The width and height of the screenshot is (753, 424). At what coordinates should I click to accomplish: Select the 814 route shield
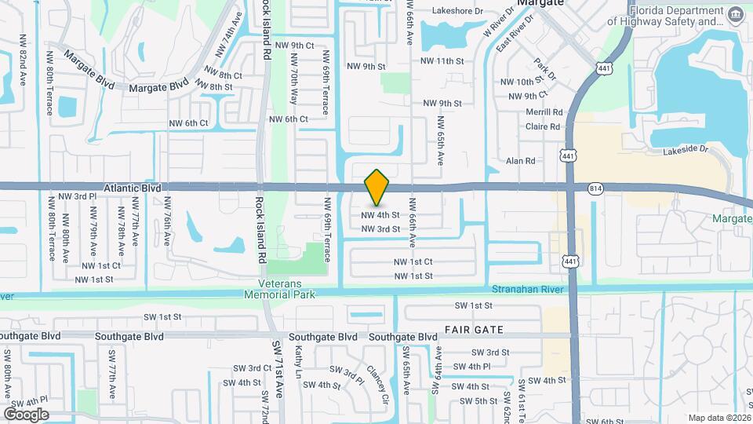tap(595, 188)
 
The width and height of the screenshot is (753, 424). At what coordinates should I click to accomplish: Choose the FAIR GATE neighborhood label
tap(473, 329)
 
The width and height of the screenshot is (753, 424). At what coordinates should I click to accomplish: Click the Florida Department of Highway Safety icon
tap(736, 16)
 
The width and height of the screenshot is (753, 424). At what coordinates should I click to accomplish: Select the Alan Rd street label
tap(520, 161)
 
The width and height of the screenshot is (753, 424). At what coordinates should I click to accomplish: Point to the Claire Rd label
tap(543, 126)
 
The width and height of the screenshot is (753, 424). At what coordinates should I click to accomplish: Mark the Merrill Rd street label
tap(544, 112)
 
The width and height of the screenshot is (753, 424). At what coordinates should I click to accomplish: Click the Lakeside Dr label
tap(686, 150)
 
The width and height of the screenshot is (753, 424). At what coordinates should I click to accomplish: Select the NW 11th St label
tap(442, 60)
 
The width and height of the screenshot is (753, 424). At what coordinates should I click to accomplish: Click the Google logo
tap(26, 414)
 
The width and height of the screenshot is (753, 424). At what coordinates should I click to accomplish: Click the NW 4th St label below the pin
tap(380, 214)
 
